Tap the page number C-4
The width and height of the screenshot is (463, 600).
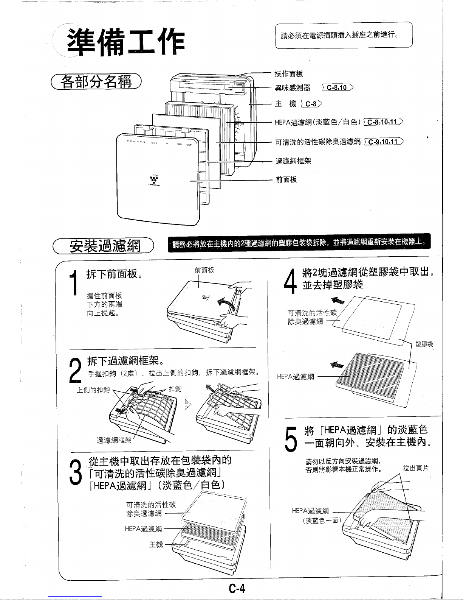point(237,589)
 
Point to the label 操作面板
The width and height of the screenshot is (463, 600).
point(289,73)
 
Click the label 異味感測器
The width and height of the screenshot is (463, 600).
point(292,88)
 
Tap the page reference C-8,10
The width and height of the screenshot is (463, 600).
point(337,88)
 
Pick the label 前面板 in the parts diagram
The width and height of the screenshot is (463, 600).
point(286,179)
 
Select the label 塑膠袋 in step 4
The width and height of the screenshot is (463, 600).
point(424,344)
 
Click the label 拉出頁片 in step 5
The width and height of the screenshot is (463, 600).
point(415,469)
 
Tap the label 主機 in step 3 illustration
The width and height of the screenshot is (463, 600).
point(156,544)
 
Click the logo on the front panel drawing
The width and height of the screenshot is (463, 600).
point(152,180)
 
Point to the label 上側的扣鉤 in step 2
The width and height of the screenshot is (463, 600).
point(93,390)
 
